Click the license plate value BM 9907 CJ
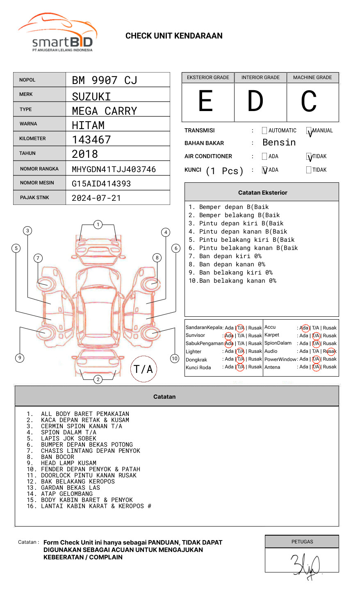(105, 80)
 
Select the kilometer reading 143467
(91, 140)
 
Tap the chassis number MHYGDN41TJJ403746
(114, 169)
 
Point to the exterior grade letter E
(205, 101)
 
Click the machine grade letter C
(309, 101)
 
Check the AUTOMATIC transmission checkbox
(264, 130)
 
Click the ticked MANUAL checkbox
(309, 131)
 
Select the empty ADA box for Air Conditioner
(264, 156)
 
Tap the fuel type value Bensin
(279, 142)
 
